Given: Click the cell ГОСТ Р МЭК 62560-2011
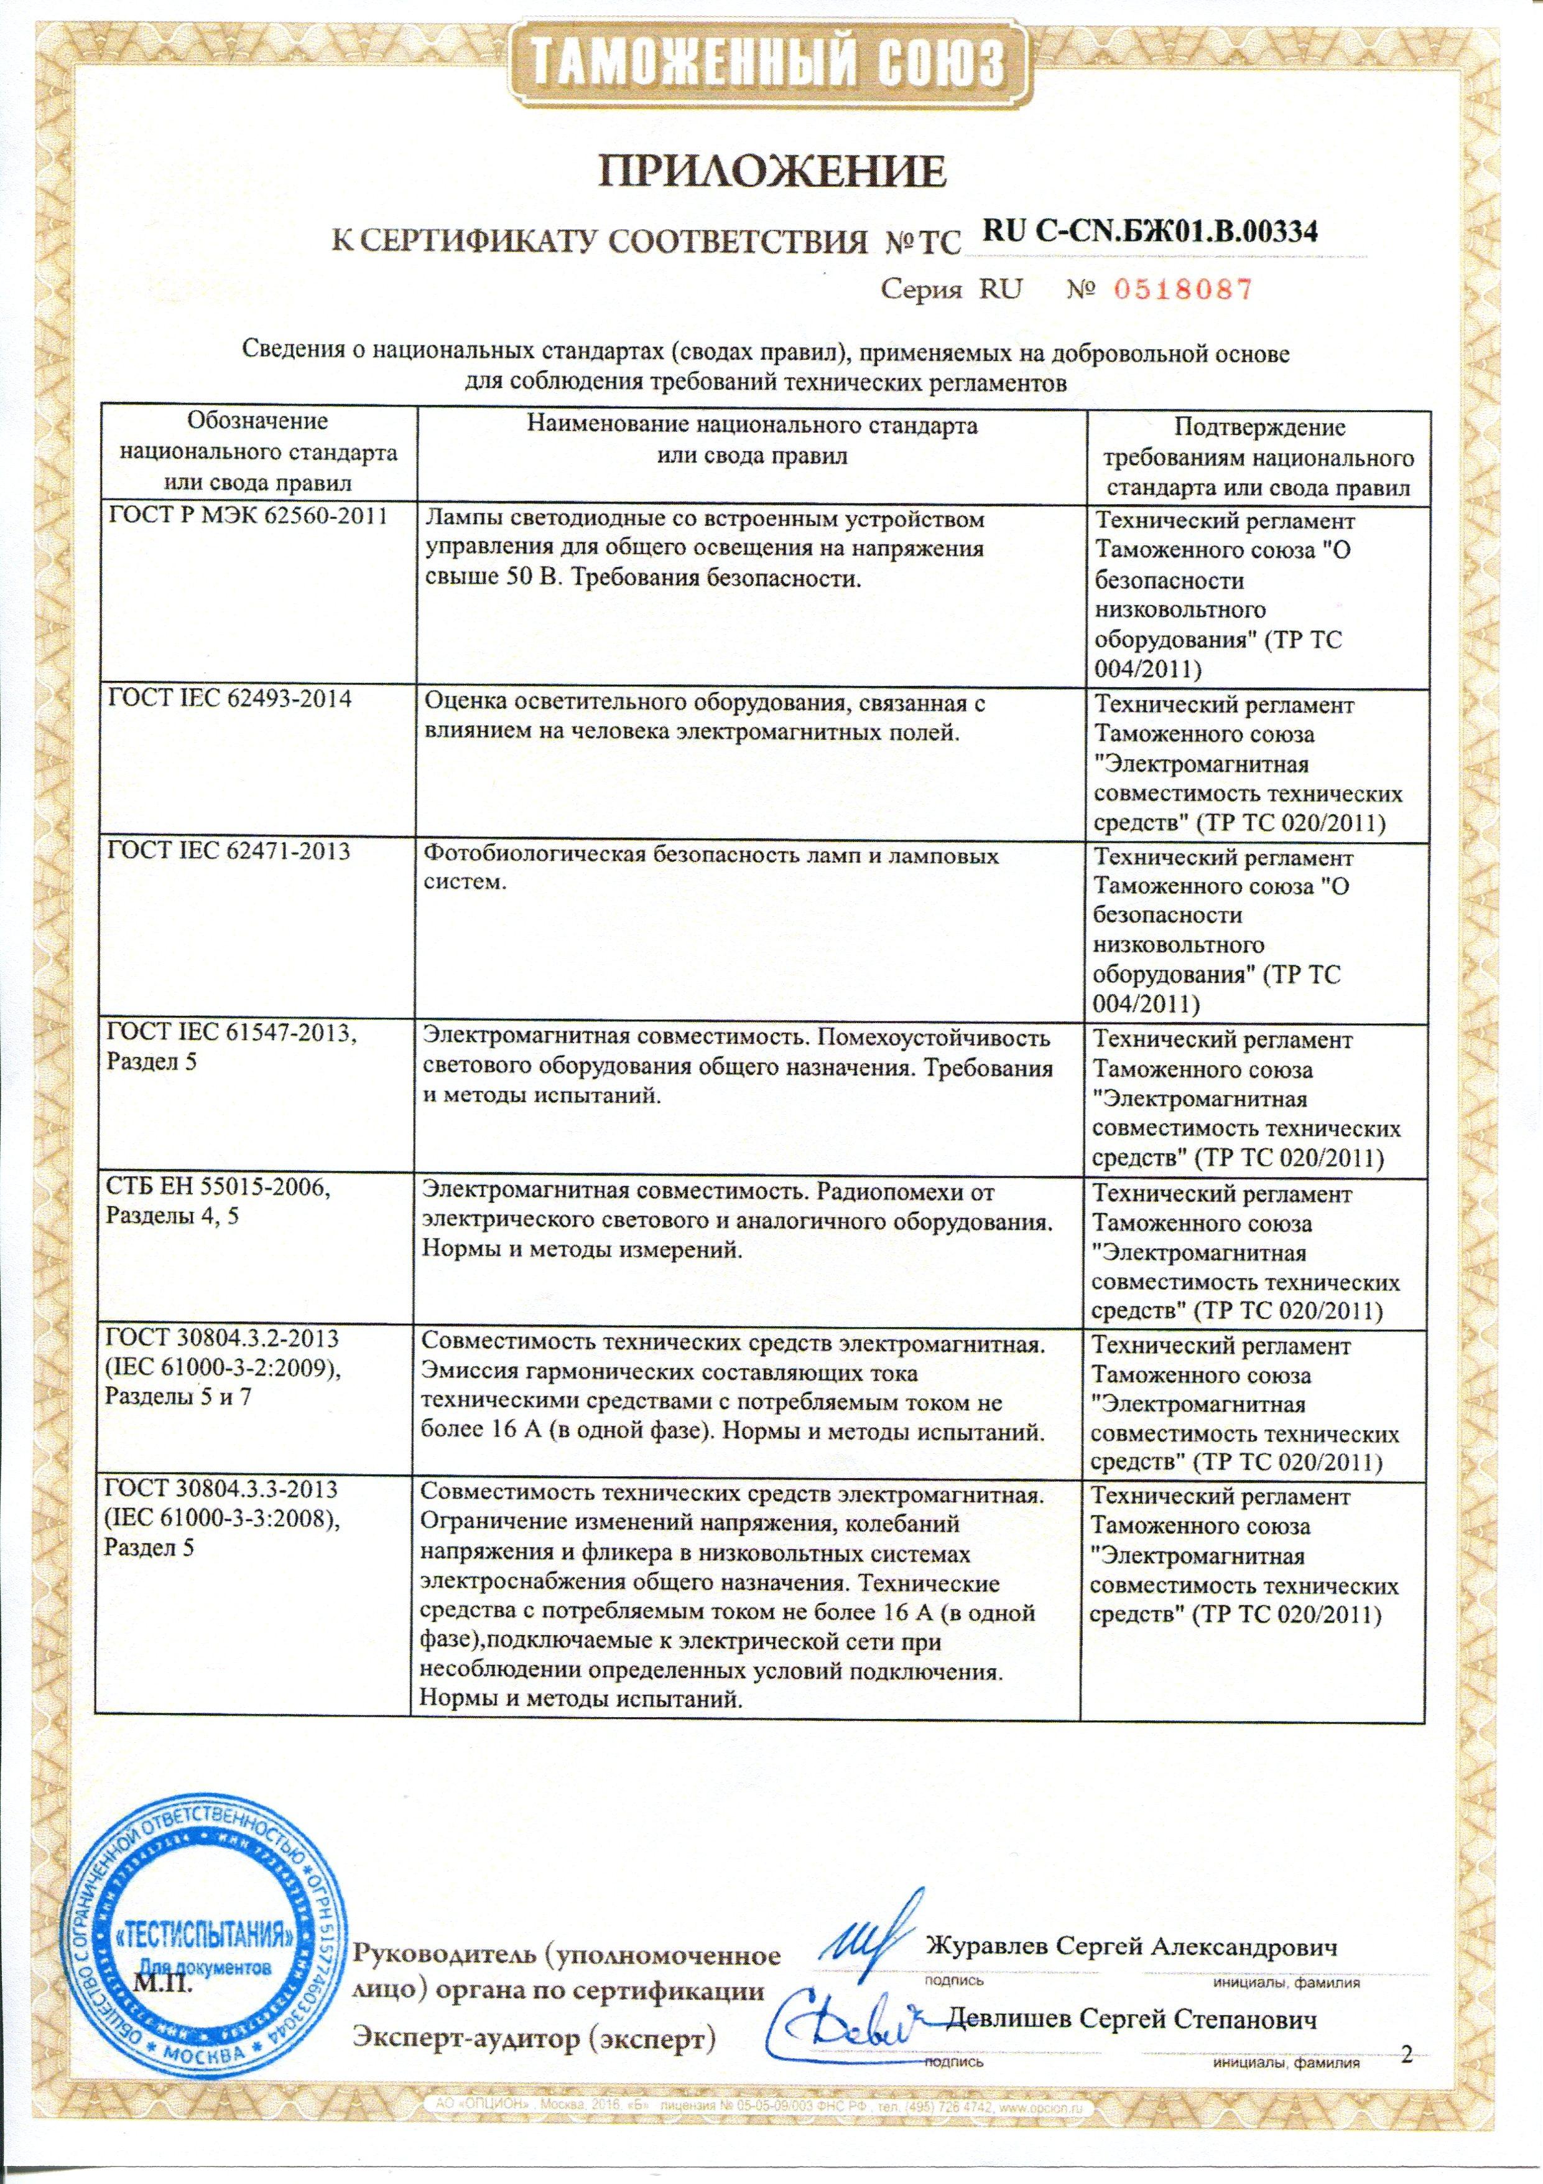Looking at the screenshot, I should pyautogui.click(x=249, y=519).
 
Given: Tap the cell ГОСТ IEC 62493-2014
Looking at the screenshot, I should pyautogui.click(x=229, y=699).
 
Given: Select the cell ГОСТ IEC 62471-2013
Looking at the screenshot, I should pyautogui.click(x=229, y=851).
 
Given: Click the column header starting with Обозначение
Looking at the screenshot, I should pyautogui.click(x=257, y=451).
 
